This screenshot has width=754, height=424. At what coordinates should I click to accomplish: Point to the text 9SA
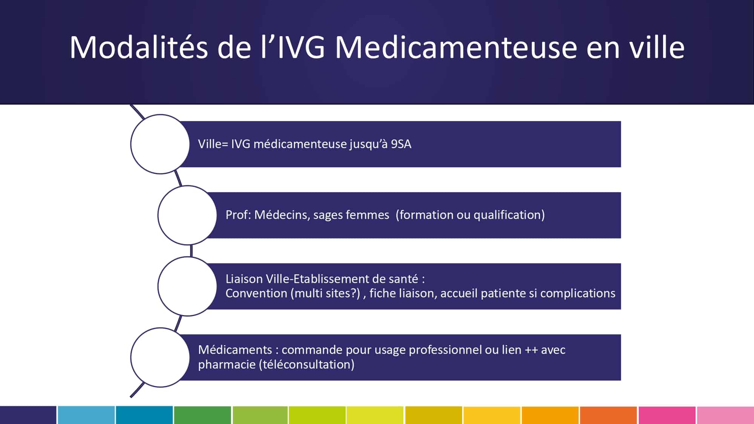click(401, 144)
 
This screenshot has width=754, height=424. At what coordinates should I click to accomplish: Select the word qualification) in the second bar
click(509, 215)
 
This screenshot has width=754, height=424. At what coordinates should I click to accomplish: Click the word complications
click(578, 293)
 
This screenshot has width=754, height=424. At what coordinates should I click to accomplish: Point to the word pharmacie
click(227, 364)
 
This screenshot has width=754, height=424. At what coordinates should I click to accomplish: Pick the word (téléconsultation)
click(307, 364)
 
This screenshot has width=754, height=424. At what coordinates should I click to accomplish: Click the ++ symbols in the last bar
click(531, 350)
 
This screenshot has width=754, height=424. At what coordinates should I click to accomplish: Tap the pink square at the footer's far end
click(725, 415)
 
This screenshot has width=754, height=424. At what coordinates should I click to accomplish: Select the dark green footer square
click(202, 415)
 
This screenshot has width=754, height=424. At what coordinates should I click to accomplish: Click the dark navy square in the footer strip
click(28, 415)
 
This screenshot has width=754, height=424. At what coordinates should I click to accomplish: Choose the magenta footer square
click(667, 415)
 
